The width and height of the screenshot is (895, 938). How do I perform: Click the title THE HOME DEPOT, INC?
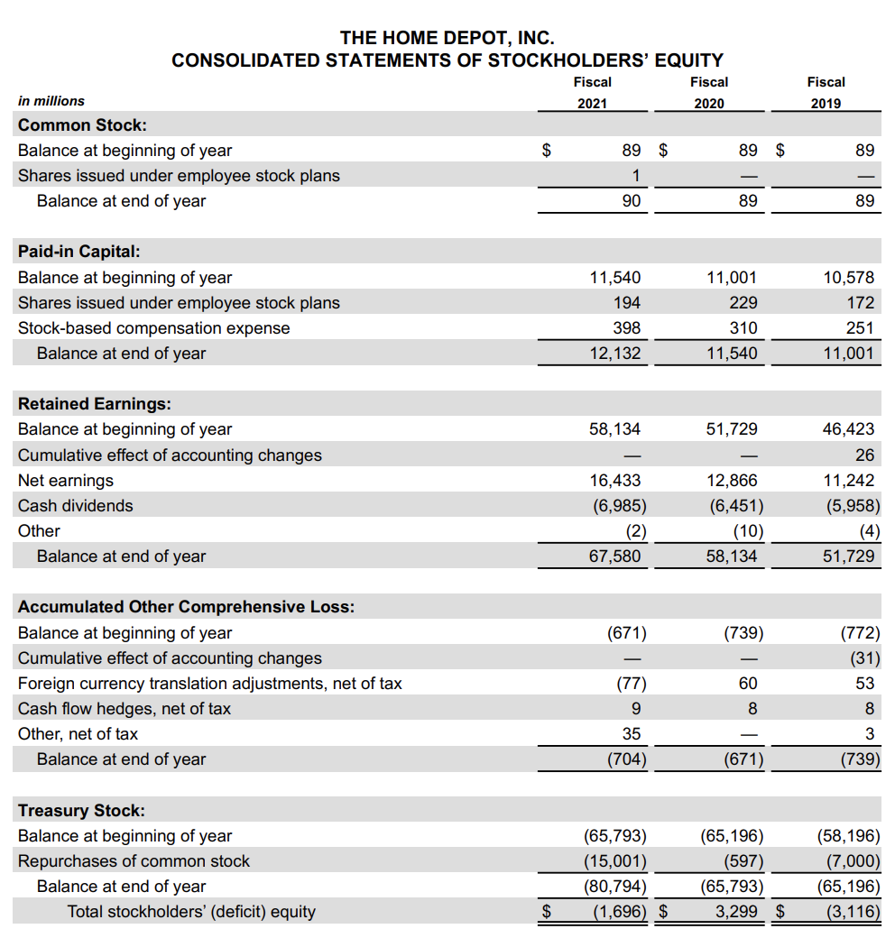447,38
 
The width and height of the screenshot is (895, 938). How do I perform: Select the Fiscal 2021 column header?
592,92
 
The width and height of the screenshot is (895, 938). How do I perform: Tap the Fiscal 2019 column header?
826,92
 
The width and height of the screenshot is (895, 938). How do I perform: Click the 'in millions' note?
51,101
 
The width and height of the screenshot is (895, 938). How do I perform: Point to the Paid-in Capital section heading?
79,252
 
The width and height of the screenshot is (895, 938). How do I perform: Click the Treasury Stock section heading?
81,810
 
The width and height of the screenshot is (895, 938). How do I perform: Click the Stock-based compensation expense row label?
154,328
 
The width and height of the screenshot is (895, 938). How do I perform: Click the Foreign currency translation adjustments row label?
210,684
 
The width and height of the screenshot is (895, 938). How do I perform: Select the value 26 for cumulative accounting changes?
864,455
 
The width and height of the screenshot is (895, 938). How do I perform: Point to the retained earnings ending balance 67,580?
614,556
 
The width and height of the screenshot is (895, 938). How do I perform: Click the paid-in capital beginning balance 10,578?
848,278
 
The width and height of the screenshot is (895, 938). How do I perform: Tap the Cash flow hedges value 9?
636,709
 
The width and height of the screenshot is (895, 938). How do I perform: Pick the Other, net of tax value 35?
632,734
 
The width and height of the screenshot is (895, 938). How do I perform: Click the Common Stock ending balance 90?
632,201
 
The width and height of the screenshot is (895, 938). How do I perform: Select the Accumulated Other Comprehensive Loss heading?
186,606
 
